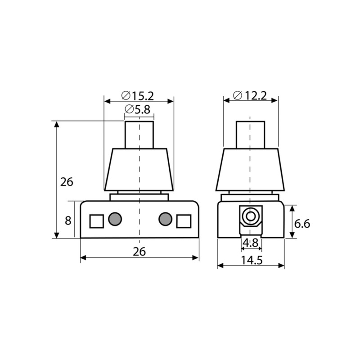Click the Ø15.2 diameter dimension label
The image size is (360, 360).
(x=138, y=96)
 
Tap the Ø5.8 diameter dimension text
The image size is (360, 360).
(x=138, y=109)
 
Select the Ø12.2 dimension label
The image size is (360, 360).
(x=250, y=95)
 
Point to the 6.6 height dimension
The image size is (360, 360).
(x=302, y=224)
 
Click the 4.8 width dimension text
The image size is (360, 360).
(x=251, y=243)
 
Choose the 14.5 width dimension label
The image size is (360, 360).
(x=252, y=261)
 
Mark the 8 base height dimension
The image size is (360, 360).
(x=68, y=220)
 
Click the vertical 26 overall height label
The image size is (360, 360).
(x=67, y=182)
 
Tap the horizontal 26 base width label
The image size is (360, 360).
(x=139, y=252)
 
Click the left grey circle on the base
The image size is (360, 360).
(x=115, y=219)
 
